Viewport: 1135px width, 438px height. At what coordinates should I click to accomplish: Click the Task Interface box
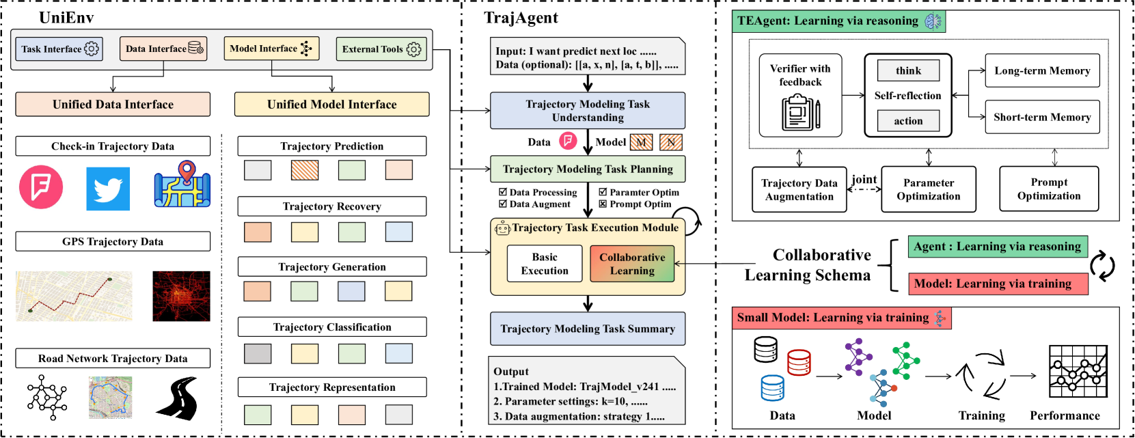(59, 49)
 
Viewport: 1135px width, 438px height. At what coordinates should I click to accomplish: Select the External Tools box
(381, 49)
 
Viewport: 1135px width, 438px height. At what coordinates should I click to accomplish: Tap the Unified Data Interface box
(113, 105)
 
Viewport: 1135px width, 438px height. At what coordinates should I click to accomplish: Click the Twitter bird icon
(108, 189)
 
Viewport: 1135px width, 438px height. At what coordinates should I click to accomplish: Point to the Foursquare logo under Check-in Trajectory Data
(41, 187)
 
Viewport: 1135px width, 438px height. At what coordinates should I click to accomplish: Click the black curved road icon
(177, 398)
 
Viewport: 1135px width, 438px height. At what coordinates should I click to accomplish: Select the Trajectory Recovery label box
(332, 206)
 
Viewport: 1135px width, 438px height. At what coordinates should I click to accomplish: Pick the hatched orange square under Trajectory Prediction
(305, 170)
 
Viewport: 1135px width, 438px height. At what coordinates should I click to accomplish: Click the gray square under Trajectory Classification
(258, 353)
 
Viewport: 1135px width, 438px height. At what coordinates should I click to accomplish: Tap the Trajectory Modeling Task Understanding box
(588, 111)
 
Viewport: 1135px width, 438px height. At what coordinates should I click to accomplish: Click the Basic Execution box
(544, 264)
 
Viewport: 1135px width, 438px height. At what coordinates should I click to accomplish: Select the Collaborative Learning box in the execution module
(632, 264)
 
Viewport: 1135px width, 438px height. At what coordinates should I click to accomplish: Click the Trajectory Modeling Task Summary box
(588, 329)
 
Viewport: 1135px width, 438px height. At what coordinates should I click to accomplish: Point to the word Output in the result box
(511, 372)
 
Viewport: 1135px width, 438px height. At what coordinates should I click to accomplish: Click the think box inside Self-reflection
(908, 70)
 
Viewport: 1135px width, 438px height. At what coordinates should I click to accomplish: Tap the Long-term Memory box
(1042, 70)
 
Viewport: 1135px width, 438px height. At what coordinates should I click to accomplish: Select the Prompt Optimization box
(1049, 189)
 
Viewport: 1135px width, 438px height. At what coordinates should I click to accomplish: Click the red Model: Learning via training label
(998, 284)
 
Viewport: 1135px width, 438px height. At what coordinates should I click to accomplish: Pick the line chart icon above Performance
(1078, 371)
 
